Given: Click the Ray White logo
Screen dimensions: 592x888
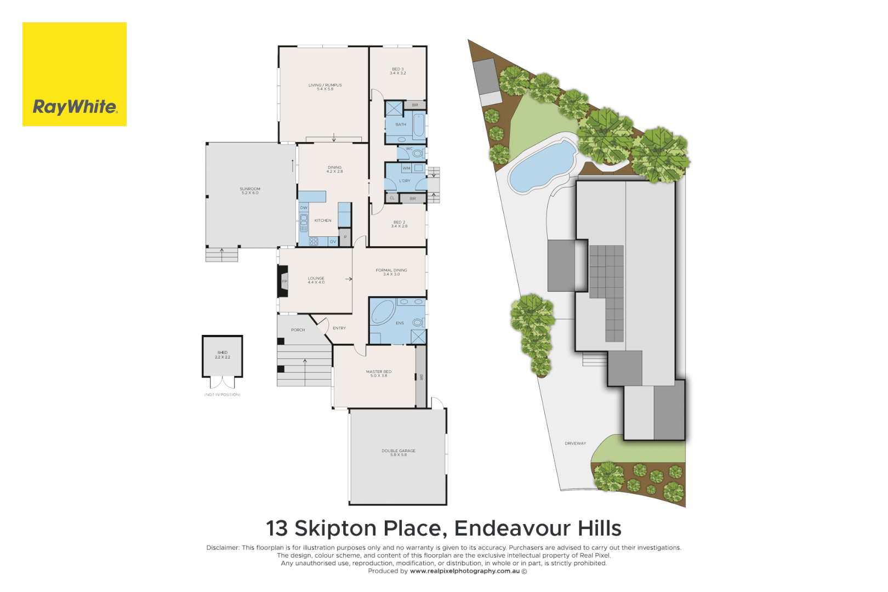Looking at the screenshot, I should point(75,75).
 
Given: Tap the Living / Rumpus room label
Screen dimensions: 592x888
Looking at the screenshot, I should point(325,87).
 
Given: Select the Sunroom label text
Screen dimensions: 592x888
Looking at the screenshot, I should point(250,190).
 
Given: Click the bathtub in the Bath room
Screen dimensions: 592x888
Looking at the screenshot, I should point(419,125).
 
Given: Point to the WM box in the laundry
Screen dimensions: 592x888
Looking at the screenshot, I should point(406,168).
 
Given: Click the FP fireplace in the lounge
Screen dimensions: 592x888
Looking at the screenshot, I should point(284,282).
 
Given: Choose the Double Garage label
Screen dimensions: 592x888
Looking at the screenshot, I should point(399,452).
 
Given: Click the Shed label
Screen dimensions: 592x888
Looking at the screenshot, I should point(222,354).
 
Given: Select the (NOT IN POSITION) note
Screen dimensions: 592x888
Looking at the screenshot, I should point(222,395).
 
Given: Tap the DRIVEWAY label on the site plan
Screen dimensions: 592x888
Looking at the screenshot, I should point(575,443).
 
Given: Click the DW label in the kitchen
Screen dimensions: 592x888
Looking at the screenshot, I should point(304,208).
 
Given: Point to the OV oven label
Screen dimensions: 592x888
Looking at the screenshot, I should point(333,241).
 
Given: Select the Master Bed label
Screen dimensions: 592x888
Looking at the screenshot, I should point(379,373).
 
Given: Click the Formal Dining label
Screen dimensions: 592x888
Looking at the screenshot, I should point(391,271).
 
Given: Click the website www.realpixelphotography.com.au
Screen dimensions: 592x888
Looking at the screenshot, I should point(464,571).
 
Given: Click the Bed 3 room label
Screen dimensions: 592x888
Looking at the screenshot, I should point(397,71).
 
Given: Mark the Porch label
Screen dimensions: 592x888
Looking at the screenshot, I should point(298,330).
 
